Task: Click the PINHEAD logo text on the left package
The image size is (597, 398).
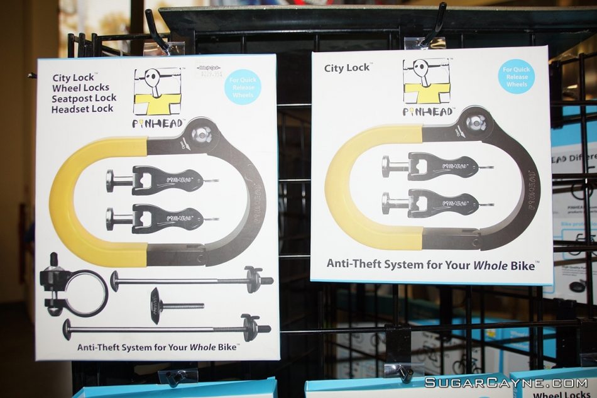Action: (157, 124)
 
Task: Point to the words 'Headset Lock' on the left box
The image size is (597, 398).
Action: (83, 109)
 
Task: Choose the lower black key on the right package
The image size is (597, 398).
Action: (434, 203)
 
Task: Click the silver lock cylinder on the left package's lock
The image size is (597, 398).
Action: (202, 134)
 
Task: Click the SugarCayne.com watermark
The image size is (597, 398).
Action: (506, 382)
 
